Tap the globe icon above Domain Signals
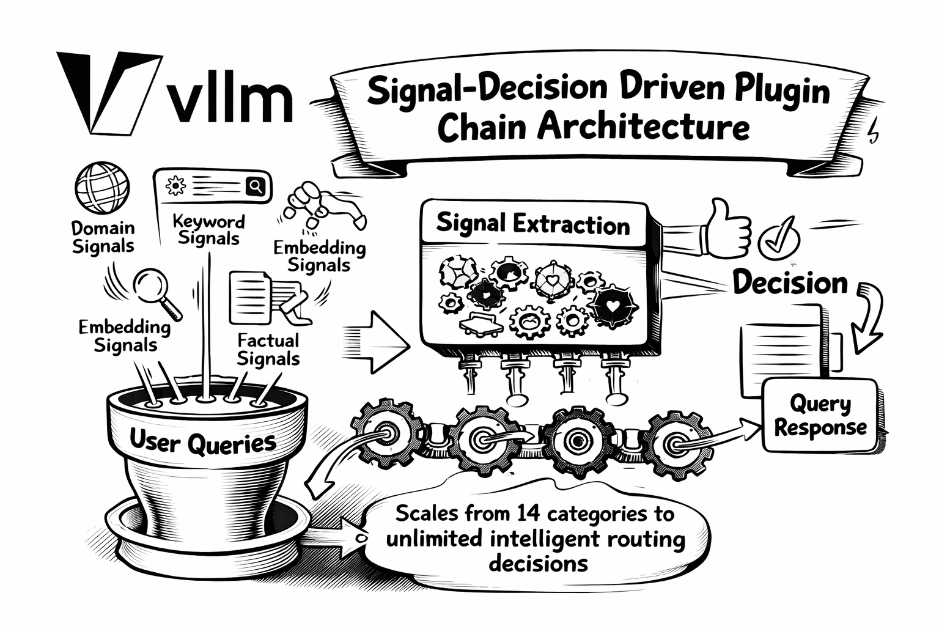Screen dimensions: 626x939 tap(102, 188)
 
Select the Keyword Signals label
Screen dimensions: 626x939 tap(208, 229)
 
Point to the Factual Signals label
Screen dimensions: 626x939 tap(268, 349)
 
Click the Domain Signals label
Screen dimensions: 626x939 tap(103, 237)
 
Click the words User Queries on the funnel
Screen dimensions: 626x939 tap(202, 441)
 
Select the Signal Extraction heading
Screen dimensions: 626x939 tap(532, 224)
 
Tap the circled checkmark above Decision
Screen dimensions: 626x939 tap(778, 237)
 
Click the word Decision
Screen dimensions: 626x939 tap(790, 283)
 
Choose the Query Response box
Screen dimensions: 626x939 tap(820, 415)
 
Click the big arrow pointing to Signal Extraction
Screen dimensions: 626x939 tap(379, 342)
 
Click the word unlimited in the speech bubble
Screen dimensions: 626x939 tap(435, 539)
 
